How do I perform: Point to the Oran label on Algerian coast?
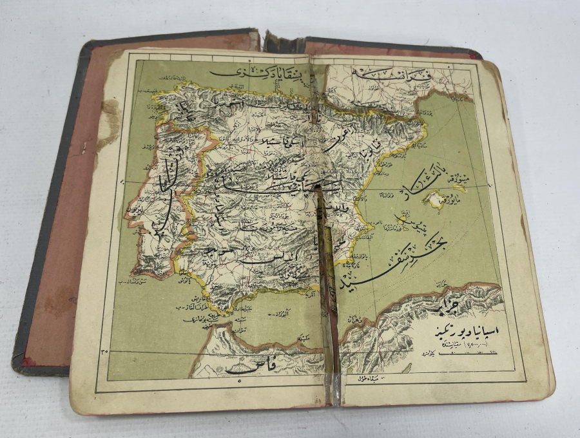pos(361,320)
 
